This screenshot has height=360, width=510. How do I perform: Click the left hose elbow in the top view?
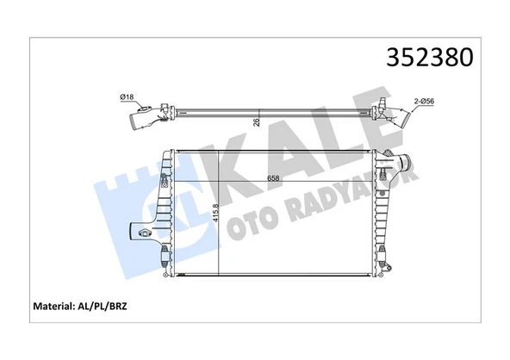click(x=142, y=115)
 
